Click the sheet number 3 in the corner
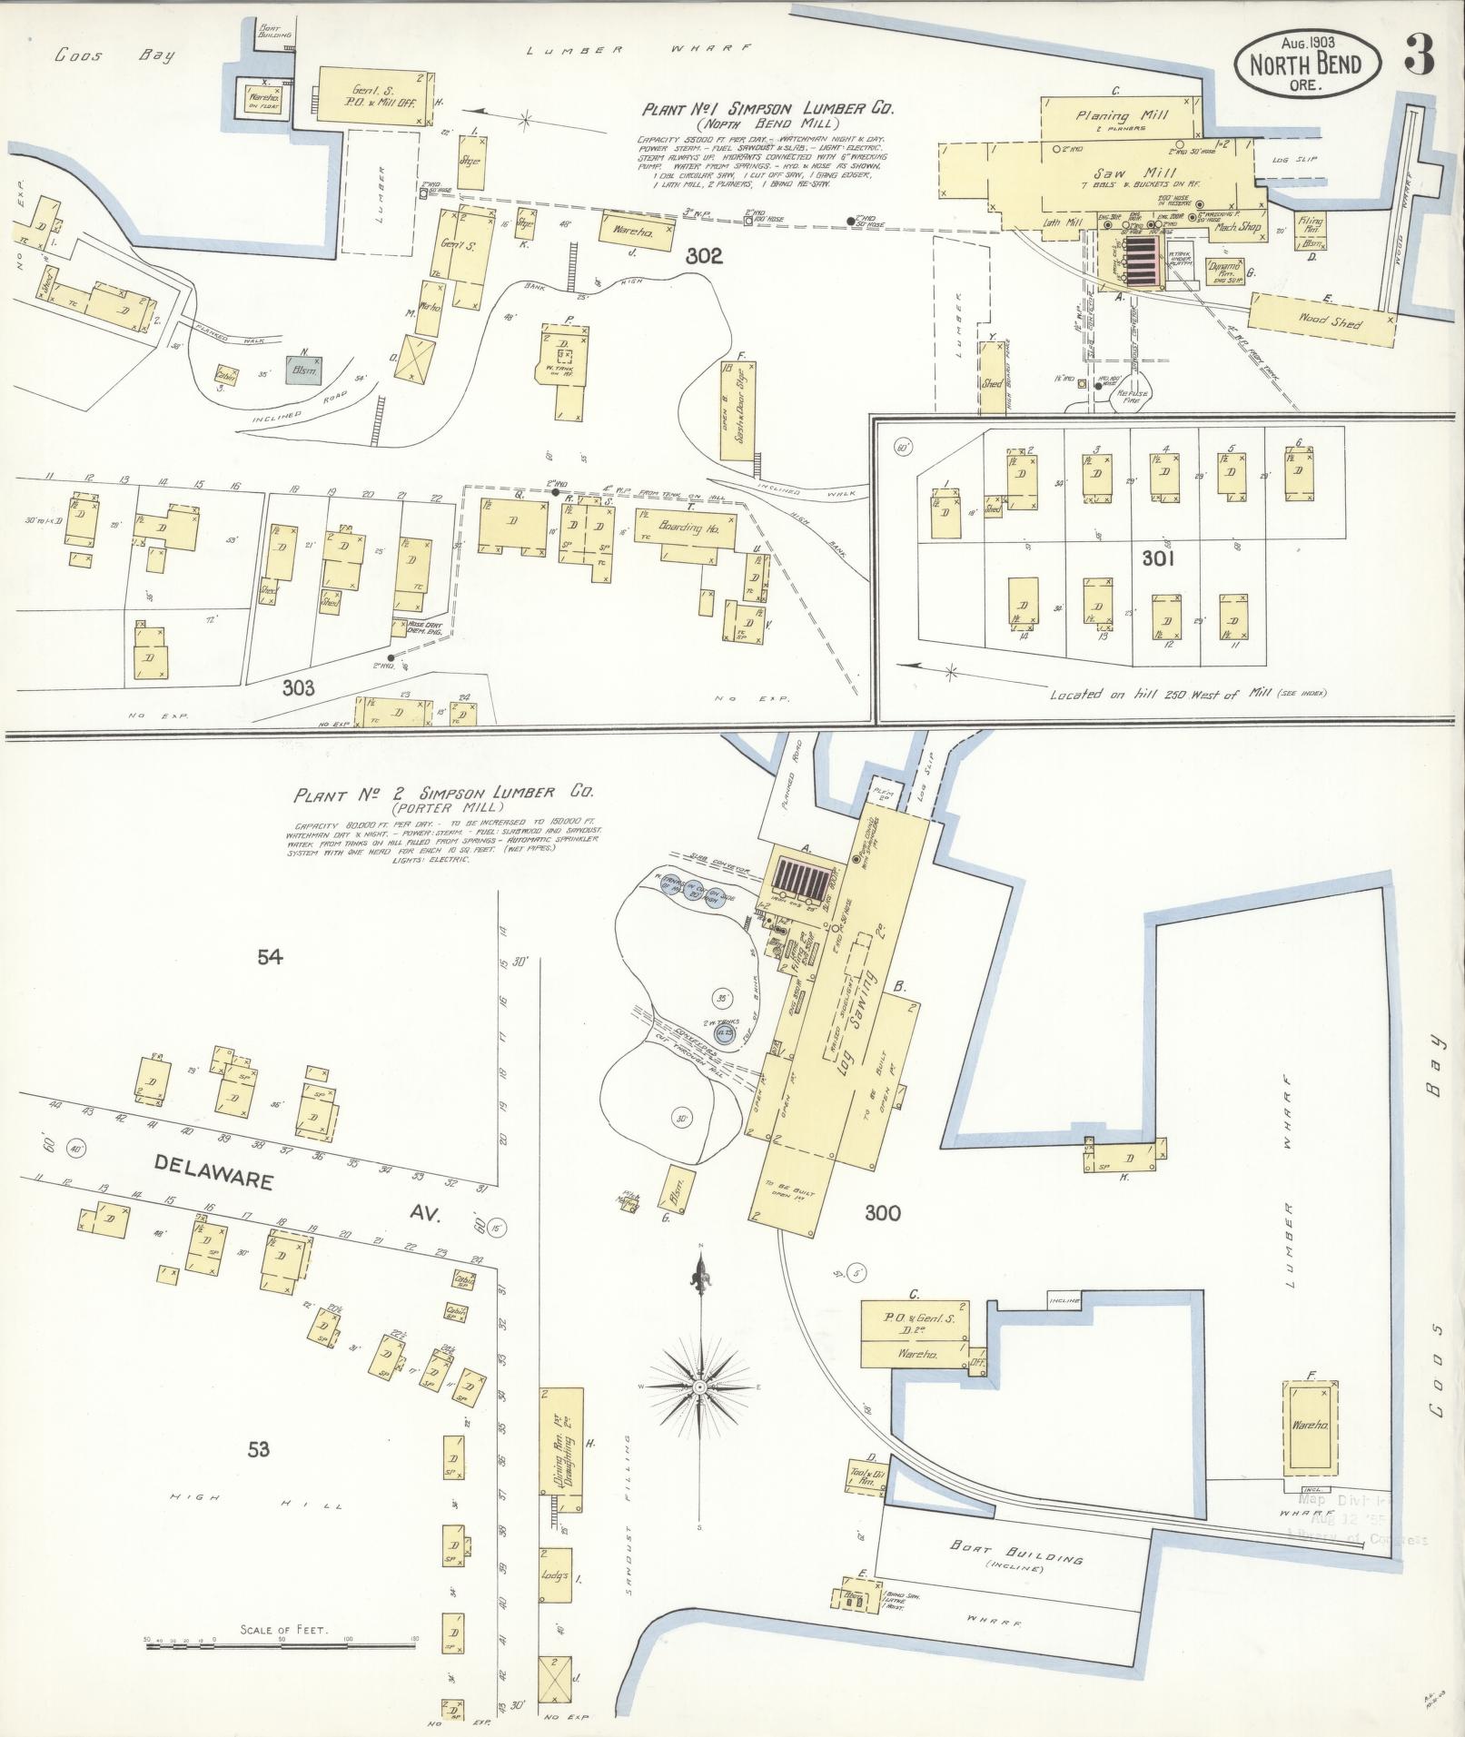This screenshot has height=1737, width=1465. pos(1419,57)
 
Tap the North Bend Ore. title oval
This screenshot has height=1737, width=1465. pos(1307,64)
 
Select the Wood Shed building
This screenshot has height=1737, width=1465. pos(1322,321)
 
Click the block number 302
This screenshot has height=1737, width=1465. pos(704,257)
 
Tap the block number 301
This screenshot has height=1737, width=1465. pos(1158,559)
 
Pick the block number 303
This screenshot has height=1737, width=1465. pos(298,688)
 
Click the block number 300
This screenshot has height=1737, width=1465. pos(882,1212)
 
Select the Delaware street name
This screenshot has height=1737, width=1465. pos(214,1171)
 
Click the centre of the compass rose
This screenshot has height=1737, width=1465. pos(700,1414)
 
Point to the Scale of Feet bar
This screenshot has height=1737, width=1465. pos(282,1641)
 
